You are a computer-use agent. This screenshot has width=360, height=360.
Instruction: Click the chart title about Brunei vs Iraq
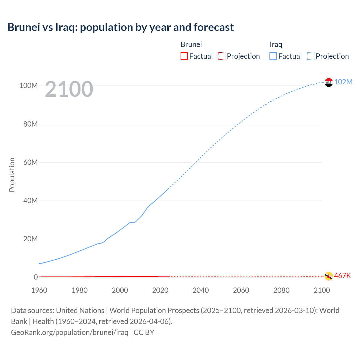(x=120, y=27)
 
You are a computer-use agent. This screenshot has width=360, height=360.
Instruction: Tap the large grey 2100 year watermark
(x=69, y=89)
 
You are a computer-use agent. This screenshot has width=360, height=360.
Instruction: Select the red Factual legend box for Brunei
(x=184, y=56)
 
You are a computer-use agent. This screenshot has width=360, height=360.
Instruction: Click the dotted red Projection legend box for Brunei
(x=222, y=56)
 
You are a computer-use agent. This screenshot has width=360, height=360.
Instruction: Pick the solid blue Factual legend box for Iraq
(x=273, y=56)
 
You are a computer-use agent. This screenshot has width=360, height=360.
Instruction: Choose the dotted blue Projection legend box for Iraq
(x=311, y=56)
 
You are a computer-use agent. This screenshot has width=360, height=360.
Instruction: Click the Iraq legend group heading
(x=276, y=44)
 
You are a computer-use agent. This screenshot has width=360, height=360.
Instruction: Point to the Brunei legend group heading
(x=191, y=44)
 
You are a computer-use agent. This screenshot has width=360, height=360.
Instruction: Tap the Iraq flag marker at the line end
(x=328, y=82)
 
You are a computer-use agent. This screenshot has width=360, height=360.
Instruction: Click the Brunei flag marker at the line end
(x=328, y=276)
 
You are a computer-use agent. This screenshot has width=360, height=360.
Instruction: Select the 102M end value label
(x=343, y=82)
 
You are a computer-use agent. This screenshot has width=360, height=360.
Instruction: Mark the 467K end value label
(x=343, y=276)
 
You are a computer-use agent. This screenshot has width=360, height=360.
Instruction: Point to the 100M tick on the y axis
(x=28, y=85)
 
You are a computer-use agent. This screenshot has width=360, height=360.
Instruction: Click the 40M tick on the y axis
(x=30, y=201)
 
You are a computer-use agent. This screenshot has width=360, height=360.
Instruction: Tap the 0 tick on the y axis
(x=36, y=277)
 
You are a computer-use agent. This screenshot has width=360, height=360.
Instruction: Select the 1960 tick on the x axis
(x=39, y=290)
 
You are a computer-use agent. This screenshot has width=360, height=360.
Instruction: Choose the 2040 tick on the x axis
(x=201, y=290)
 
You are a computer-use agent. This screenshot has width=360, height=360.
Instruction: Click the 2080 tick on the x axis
(x=281, y=290)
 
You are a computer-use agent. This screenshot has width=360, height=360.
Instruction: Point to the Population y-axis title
(x=12, y=175)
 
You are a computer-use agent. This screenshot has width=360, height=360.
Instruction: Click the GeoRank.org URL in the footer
(x=69, y=332)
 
